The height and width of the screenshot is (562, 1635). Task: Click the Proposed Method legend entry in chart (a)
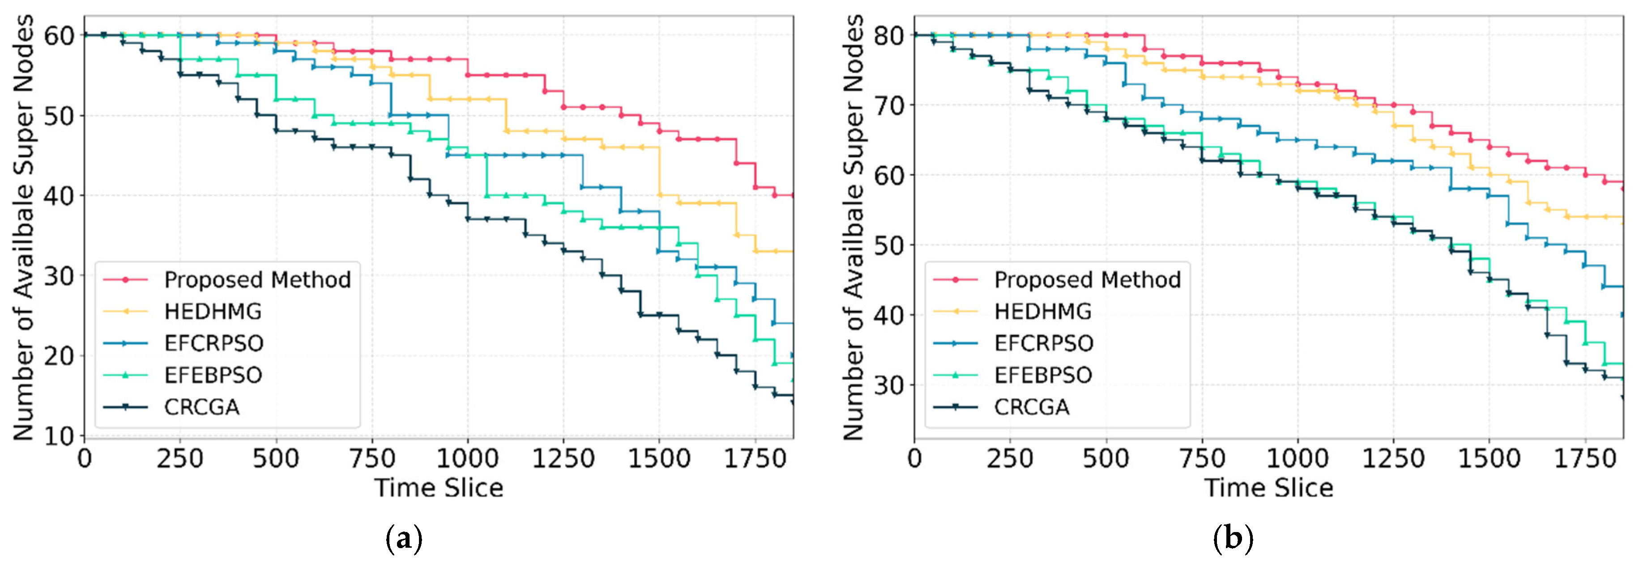257,280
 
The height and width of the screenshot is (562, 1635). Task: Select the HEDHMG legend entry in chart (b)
1043,312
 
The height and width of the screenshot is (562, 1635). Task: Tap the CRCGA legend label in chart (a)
202,406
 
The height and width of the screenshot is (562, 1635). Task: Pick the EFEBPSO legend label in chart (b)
1043,375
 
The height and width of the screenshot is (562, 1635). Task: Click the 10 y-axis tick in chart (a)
59,436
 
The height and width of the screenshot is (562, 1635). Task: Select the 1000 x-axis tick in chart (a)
468,458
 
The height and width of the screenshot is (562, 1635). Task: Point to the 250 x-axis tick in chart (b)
1010,458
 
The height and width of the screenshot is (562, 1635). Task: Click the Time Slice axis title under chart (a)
439,488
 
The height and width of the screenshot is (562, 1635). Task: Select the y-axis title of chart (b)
854,228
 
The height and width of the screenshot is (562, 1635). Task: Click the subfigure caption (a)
404,539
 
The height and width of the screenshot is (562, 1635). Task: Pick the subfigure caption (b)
1233,539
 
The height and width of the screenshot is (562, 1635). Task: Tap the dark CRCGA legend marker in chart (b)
955,406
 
